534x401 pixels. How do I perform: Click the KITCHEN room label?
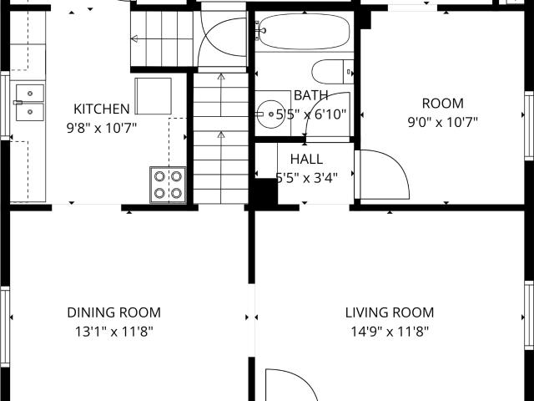coord(102,109)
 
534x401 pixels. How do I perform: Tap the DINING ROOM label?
coord(113,312)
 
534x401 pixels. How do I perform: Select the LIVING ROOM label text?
coord(390,312)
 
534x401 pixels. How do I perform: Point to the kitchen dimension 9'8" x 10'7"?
coord(102,128)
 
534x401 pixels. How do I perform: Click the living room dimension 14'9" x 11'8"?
coord(390,332)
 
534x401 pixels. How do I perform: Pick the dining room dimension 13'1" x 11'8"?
coord(113,332)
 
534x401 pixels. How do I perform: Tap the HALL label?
coord(306,160)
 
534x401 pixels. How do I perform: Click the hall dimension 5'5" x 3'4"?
coord(306,178)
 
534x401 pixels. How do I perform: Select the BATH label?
coord(310,95)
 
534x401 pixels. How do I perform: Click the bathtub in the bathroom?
coord(304,32)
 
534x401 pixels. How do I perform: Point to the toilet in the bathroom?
coord(333,72)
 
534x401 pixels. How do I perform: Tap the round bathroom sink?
coord(270,114)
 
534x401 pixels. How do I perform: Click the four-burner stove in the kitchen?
coord(168,185)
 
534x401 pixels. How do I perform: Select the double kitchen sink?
coord(30,103)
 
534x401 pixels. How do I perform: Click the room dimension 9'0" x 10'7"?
coord(443,122)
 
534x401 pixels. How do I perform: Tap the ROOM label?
coord(443,104)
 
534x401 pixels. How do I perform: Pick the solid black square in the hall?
coord(266,191)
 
